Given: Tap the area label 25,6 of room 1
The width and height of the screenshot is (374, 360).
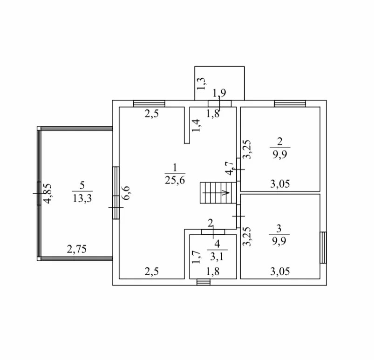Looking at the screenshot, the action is click(x=175, y=181).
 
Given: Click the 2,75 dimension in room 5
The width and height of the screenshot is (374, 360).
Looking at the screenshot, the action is click(x=77, y=249).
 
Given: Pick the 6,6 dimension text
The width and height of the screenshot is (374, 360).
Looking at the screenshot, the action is click(x=126, y=193).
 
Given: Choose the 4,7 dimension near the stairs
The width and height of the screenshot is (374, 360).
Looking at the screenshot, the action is click(x=229, y=168).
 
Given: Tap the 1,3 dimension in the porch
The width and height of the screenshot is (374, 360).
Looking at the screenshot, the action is click(x=201, y=84).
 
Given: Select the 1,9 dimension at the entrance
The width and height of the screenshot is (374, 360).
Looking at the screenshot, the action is click(x=219, y=93).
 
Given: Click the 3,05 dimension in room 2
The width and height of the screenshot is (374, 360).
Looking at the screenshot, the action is click(x=280, y=183).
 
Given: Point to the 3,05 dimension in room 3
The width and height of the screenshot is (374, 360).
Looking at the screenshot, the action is click(x=280, y=272).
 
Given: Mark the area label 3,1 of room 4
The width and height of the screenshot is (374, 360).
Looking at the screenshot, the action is click(x=216, y=256).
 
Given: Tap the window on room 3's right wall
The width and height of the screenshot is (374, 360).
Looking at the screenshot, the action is click(x=323, y=247).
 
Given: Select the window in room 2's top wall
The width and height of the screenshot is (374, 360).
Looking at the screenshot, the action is click(x=290, y=104).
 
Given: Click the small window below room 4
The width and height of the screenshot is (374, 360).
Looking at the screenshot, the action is click(x=203, y=282).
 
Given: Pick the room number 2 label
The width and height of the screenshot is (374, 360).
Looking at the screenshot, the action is click(x=279, y=142).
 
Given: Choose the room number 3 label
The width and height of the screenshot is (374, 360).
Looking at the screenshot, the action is click(x=279, y=228).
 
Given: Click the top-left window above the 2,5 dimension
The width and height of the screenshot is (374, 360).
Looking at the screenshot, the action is click(x=149, y=104).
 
